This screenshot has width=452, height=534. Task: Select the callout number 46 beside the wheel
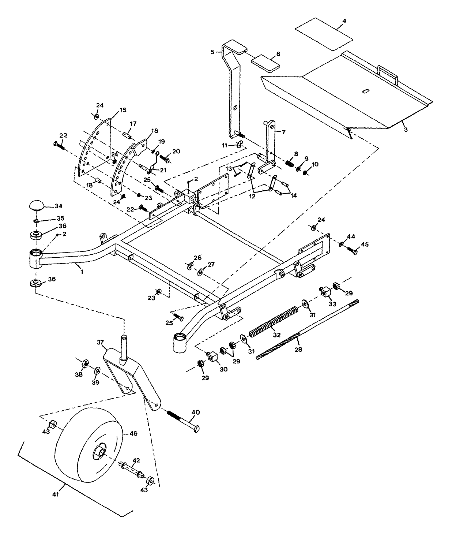pyautogui.click(x=133, y=433)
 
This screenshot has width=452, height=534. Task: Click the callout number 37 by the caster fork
pyautogui.click(x=100, y=342)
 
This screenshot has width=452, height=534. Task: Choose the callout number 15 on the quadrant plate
pyautogui.click(x=123, y=110)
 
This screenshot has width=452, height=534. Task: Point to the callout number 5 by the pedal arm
pyautogui.click(x=212, y=52)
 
